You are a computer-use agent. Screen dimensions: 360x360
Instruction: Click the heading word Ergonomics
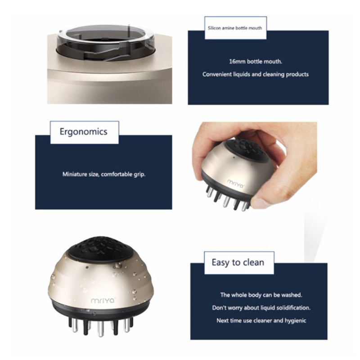(x=83, y=132)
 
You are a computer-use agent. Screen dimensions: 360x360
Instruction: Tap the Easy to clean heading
(x=238, y=262)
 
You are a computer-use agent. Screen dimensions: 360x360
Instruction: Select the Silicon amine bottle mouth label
(x=234, y=28)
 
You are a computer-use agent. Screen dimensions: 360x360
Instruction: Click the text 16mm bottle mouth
(x=256, y=62)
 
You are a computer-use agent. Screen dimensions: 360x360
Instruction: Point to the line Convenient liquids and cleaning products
(x=256, y=74)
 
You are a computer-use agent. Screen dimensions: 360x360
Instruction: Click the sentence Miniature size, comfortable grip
(x=104, y=174)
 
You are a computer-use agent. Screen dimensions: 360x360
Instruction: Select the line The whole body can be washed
(x=261, y=295)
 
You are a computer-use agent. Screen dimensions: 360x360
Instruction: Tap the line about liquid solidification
(x=261, y=308)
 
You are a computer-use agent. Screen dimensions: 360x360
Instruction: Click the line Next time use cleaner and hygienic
(x=261, y=320)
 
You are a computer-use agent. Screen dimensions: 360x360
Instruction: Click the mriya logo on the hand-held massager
(x=235, y=184)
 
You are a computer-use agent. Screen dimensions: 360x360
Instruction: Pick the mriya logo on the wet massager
(x=103, y=300)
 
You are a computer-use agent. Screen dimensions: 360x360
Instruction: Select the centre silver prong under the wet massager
(x=100, y=328)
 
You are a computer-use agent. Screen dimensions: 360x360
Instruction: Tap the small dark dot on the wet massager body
(x=87, y=267)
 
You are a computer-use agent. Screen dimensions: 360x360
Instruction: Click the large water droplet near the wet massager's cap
(x=117, y=265)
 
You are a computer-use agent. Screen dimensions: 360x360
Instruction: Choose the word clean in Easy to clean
(x=254, y=262)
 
